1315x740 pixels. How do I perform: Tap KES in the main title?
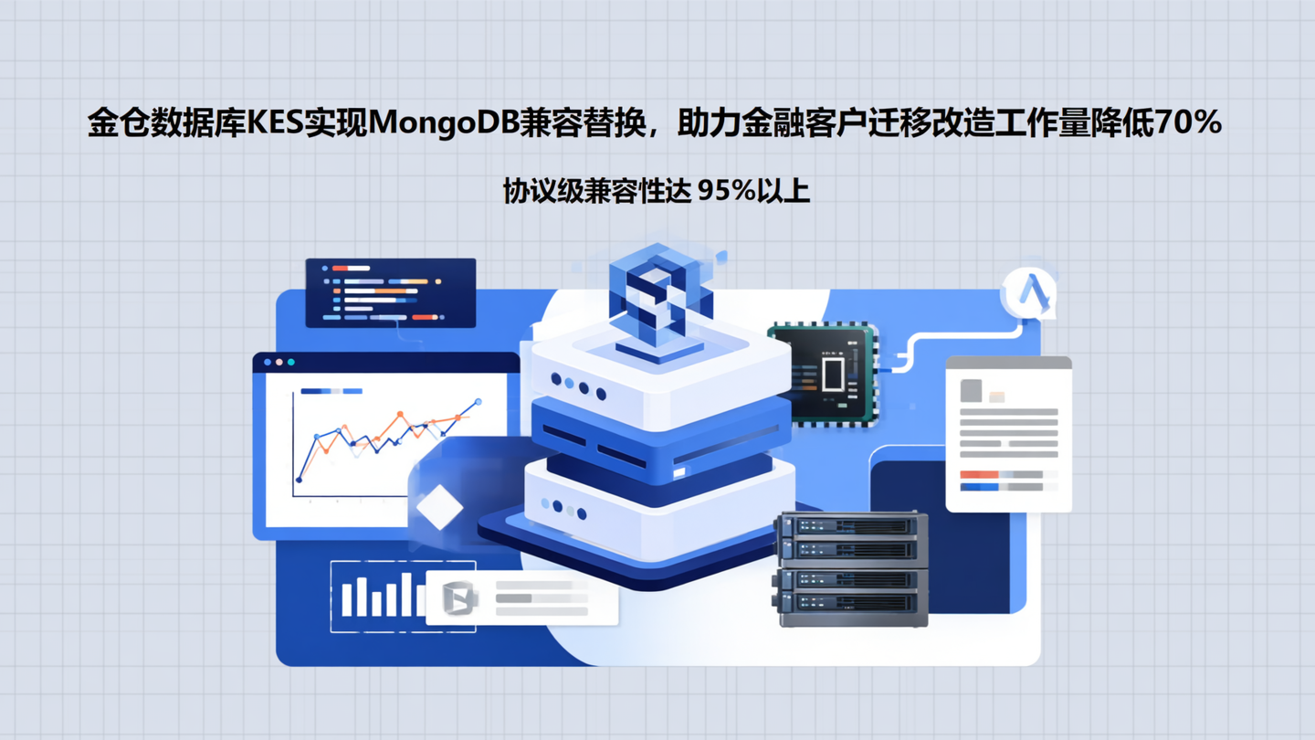[273, 123]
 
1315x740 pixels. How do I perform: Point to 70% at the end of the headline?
[1188, 123]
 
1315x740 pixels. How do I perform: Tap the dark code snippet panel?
[391, 292]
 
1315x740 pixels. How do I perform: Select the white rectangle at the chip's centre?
[833, 375]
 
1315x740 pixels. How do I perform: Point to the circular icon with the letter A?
[1030, 293]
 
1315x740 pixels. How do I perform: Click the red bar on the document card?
[979, 475]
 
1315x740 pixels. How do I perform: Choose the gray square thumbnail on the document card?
[971, 391]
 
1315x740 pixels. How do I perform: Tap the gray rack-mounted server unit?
[851, 568]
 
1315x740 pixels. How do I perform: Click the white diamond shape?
[439, 507]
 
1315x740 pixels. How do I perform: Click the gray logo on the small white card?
[458, 597]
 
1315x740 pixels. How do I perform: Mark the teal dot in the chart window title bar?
[291, 363]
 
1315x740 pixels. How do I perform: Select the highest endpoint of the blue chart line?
[478, 402]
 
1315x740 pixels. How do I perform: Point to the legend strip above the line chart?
[331, 391]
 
